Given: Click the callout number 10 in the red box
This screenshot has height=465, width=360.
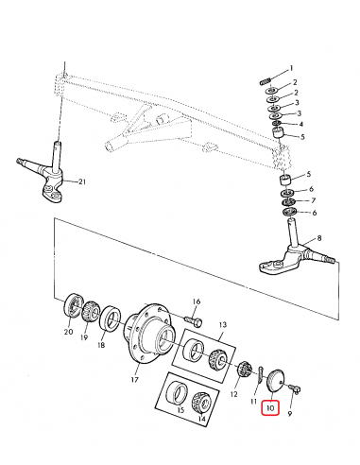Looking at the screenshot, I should (x=270, y=408).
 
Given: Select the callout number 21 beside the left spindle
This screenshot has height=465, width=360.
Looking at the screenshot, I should (x=82, y=181).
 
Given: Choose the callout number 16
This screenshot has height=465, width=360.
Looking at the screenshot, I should (x=197, y=301).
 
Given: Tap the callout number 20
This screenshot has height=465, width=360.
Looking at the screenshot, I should (x=67, y=332).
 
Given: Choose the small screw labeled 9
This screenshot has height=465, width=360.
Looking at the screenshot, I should (x=296, y=387).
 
